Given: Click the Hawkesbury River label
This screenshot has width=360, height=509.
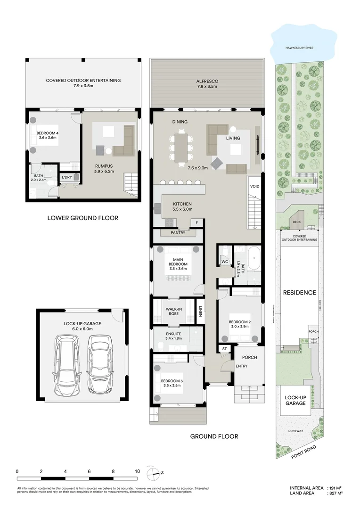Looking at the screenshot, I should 303,48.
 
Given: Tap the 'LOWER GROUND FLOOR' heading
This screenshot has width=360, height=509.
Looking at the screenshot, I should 82,218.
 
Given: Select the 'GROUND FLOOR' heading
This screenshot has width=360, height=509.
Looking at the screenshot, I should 214,436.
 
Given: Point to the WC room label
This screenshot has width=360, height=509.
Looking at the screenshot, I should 225,261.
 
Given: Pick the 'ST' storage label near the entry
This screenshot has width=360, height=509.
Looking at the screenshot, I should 224,349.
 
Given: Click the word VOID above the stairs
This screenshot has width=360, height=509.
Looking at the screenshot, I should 254,186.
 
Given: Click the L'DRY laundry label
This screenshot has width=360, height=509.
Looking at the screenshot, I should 66,177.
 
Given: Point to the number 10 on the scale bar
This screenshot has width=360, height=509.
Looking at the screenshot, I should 137,471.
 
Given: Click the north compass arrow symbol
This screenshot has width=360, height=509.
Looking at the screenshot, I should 153,472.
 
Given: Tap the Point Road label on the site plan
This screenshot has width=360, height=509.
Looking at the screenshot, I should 303,451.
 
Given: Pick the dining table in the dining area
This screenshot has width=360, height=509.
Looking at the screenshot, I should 181,147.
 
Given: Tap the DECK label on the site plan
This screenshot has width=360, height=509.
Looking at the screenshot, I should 296,222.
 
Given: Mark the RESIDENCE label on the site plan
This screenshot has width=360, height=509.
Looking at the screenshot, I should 299,293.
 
